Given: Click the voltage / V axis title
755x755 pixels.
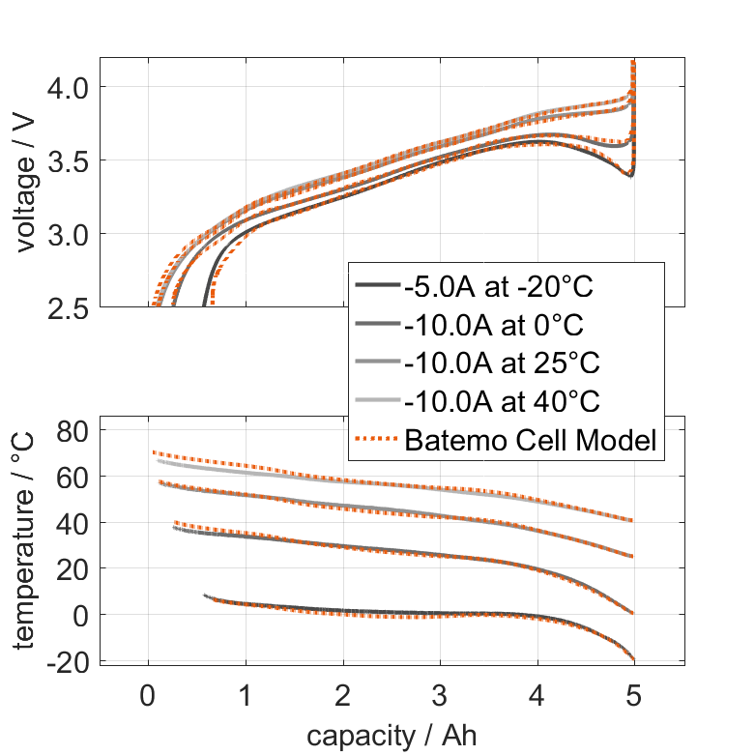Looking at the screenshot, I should [26, 184].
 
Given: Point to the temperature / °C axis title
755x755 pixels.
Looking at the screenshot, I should [26, 541].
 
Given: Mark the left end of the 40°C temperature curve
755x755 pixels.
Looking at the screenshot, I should [159, 460].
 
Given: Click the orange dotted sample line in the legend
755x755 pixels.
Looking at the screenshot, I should [377, 441].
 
